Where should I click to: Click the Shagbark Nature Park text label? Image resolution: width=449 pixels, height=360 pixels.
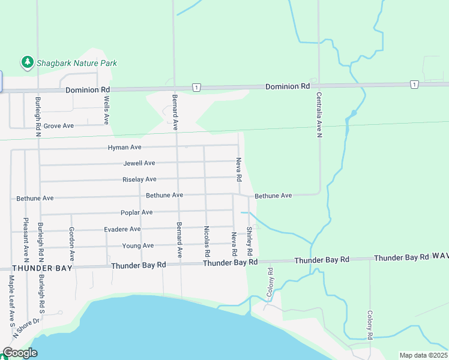[76, 63]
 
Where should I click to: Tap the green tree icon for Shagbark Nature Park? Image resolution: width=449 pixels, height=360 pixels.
[27, 62]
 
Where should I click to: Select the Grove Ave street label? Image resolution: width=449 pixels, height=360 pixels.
[58, 126]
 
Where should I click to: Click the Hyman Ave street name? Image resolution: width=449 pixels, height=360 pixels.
[124, 148]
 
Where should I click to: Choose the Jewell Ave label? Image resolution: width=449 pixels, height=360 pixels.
[139, 163]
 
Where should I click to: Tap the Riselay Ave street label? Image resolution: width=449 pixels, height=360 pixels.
[139, 179]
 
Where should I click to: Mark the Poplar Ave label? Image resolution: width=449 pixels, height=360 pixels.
[136, 212]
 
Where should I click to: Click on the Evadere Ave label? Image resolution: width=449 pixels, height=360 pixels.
[122, 229]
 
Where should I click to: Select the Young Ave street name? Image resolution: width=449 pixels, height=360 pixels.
[138, 245]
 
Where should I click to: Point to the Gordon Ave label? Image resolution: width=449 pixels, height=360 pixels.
[71, 242]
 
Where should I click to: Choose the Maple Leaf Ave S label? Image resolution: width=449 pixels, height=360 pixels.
[11, 298]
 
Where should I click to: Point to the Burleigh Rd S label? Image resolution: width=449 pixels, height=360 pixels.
[42, 294]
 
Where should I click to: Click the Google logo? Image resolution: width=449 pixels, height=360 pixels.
[20, 353]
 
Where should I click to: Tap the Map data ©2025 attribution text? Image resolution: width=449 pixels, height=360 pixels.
[423, 355]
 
